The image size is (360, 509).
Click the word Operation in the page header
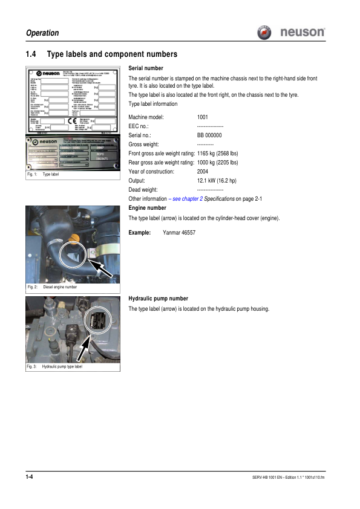42,33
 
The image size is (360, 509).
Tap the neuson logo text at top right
303,32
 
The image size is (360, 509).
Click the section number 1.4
31,54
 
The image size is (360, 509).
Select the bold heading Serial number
146,68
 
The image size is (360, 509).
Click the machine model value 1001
203,116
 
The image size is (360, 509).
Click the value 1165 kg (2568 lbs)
218,154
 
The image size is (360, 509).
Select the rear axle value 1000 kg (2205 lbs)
218,163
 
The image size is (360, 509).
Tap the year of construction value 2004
203,172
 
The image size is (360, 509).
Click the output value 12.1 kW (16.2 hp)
217,181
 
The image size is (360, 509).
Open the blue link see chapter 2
180,199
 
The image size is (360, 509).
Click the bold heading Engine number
148,208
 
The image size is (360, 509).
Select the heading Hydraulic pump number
159,299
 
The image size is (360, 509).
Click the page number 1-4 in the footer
29,478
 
